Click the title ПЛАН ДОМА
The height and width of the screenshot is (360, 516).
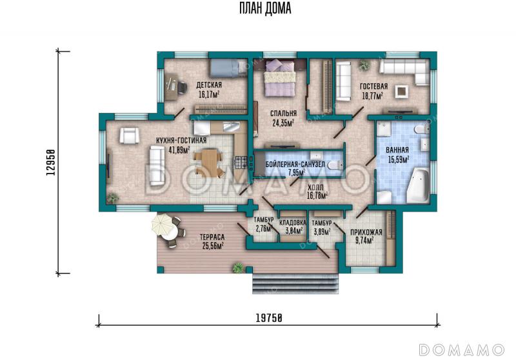point(265,8)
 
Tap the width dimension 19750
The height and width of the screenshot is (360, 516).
point(269,318)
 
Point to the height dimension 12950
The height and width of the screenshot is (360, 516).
point(50,162)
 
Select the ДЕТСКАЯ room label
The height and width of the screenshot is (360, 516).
point(209,85)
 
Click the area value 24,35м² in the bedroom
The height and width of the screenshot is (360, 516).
point(283,123)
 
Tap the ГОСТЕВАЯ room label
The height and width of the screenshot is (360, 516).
point(374,86)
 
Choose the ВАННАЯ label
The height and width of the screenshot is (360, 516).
point(397,150)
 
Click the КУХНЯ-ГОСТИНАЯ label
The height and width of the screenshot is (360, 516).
point(181,141)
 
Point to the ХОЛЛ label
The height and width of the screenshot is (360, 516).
point(315,188)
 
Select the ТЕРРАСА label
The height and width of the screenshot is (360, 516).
point(212,237)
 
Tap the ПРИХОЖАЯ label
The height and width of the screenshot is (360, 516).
point(366,232)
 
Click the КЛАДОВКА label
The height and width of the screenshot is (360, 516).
point(293,223)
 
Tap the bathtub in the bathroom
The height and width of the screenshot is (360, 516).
point(418,185)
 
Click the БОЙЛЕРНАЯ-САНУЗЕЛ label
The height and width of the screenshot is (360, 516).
point(295,165)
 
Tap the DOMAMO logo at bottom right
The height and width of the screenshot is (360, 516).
point(461,350)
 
